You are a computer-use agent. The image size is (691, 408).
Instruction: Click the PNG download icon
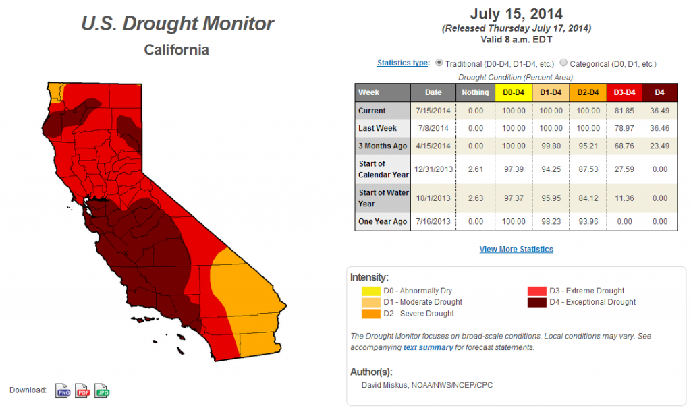pyautogui.click(x=63, y=391)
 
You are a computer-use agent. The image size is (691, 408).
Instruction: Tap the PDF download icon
pyautogui.click(x=82, y=391)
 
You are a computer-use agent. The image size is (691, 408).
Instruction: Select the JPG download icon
pyautogui.click(x=102, y=391)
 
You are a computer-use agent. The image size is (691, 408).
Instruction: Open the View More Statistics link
pyautogui.click(x=516, y=250)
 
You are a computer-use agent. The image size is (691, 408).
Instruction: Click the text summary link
pyautogui.click(x=428, y=347)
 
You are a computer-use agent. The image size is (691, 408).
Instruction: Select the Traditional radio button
pyautogui.click(x=439, y=63)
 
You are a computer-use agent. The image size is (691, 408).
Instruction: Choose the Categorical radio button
pyautogui.click(x=563, y=63)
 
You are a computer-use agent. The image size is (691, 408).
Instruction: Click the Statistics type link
pyautogui.click(x=402, y=63)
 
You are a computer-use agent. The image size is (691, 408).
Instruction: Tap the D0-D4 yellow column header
pyautogui.click(x=514, y=92)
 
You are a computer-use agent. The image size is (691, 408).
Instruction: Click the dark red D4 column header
pyautogui.click(x=659, y=92)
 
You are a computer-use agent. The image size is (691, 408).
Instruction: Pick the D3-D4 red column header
pyautogui.click(x=624, y=92)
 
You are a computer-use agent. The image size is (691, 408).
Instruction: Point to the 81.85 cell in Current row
pyautogui.click(x=624, y=111)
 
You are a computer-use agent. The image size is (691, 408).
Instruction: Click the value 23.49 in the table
pyautogui.click(x=659, y=146)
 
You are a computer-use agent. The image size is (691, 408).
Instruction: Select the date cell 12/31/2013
pyautogui.click(x=433, y=169)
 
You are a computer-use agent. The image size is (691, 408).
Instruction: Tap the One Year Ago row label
pyautogui.click(x=383, y=222)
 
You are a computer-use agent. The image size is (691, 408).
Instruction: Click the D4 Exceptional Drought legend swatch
pyautogui.click(x=536, y=302)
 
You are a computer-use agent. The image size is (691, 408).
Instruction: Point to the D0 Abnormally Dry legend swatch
pyautogui.click(x=370, y=291)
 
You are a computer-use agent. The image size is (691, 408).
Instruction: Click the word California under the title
pyautogui.click(x=176, y=50)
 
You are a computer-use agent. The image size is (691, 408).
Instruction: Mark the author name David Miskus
pyautogui.click(x=384, y=385)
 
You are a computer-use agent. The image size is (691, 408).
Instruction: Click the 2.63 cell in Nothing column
pyautogui.click(x=476, y=198)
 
